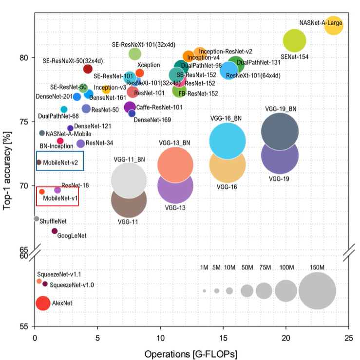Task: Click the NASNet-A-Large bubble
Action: coord(334,25)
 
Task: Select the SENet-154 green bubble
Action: coord(294,40)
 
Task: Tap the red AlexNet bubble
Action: coord(43,303)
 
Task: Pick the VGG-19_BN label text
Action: coord(281,108)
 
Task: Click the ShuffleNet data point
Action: coord(36,219)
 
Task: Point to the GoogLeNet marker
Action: coord(55,231)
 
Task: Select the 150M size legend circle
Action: coord(317,290)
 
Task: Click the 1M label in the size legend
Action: coord(204,268)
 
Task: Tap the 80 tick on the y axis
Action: coord(24,57)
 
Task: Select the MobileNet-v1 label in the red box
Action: coord(60,198)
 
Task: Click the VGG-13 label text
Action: coord(175,208)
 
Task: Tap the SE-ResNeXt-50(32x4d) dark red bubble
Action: coord(88,69)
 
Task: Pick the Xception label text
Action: coord(147,65)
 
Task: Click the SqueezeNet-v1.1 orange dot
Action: coord(39,281)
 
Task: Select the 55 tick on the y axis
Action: coord(24,326)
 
